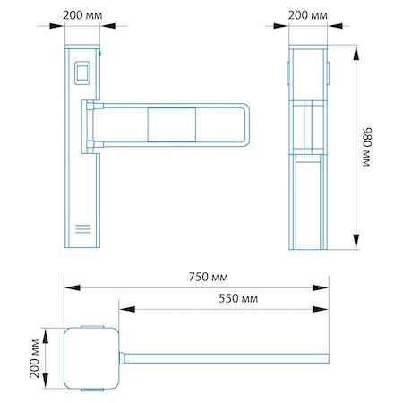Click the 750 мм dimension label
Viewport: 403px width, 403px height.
click(x=208, y=277)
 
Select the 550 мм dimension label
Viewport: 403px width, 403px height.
click(x=238, y=298)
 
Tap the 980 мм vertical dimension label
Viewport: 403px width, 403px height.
click(x=367, y=147)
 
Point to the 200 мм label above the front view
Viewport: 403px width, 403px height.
click(x=82, y=15)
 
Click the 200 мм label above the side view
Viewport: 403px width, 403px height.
click(x=308, y=15)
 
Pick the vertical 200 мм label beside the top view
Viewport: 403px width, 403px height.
click(x=35, y=358)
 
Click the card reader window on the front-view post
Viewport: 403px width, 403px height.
click(x=82, y=73)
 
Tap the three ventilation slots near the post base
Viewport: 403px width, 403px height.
click(x=83, y=228)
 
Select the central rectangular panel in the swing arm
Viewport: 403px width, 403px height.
click(x=172, y=124)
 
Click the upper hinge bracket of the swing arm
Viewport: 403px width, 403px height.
click(x=95, y=106)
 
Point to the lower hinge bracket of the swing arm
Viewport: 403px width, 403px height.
click(x=95, y=144)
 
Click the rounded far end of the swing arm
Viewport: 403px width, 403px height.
click(x=247, y=124)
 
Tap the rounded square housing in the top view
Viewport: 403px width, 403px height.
click(x=91, y=358)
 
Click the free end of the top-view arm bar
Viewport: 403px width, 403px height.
click(x=328, y=358)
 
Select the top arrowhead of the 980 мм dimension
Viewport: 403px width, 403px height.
click(x=356, y=53)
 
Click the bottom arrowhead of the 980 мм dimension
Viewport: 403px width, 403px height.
click(x=356, y=242)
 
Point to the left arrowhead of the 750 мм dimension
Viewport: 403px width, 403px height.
click(x=73, y=287)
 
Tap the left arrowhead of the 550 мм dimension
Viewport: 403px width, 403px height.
click(x=127, y=309)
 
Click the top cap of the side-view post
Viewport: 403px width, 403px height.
click(x=308, y=47)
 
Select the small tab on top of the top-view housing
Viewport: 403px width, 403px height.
click(x=92, y=327)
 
